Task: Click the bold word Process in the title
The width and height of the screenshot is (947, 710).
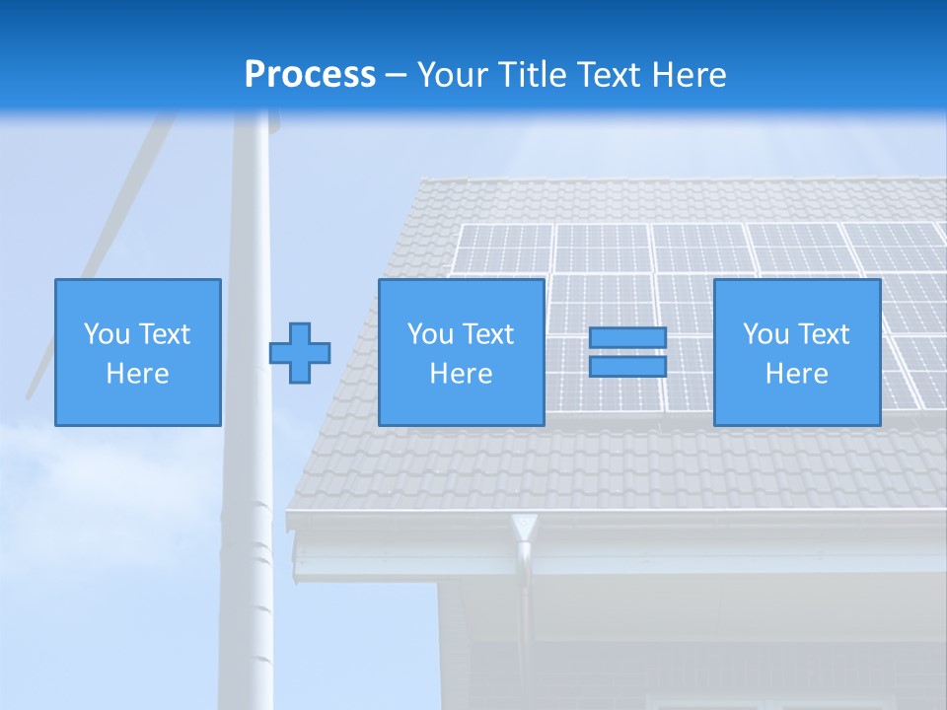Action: click(310, 75)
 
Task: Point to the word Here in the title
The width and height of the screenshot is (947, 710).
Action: click(689, 75)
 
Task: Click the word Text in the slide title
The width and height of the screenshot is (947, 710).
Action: click(611, 75)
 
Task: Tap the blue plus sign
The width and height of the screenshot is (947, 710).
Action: click(300, 353)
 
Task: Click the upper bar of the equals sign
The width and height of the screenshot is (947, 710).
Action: click(627, 338)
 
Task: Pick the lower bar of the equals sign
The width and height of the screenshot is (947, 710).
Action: click(627, 367)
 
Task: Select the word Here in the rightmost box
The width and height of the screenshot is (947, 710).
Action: click(796, 374)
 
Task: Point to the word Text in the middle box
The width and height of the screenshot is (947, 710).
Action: click(487, 334)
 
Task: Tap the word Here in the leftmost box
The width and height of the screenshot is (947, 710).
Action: click(137, 374)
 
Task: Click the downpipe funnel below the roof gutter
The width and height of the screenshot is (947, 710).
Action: click(523, 529)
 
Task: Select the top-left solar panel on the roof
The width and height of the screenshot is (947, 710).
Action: click(504, 248)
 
